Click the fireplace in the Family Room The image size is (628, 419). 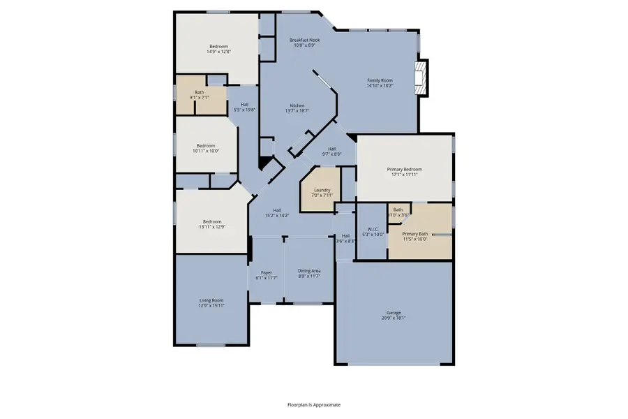point(421,78)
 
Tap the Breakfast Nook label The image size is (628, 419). point(304,41)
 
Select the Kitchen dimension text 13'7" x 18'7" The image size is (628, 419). point(297,110)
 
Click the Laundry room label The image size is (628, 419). point(322,190)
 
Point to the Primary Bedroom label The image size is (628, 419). point(405,169)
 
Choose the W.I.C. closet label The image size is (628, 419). point(372,229)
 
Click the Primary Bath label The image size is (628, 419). point(414,234)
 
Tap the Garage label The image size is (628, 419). point(394,312)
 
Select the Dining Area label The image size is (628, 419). point(309,271)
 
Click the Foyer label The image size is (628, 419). point(266,272)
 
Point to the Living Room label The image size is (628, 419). point(212,300)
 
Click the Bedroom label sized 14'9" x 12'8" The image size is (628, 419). point(218,47)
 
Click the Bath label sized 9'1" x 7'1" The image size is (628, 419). point(200,92)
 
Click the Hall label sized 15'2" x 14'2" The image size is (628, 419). point(277,210)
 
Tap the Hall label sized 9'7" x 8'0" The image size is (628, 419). point(331,149)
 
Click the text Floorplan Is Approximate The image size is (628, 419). point(314,404)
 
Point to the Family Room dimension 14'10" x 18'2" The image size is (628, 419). point(380,86)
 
